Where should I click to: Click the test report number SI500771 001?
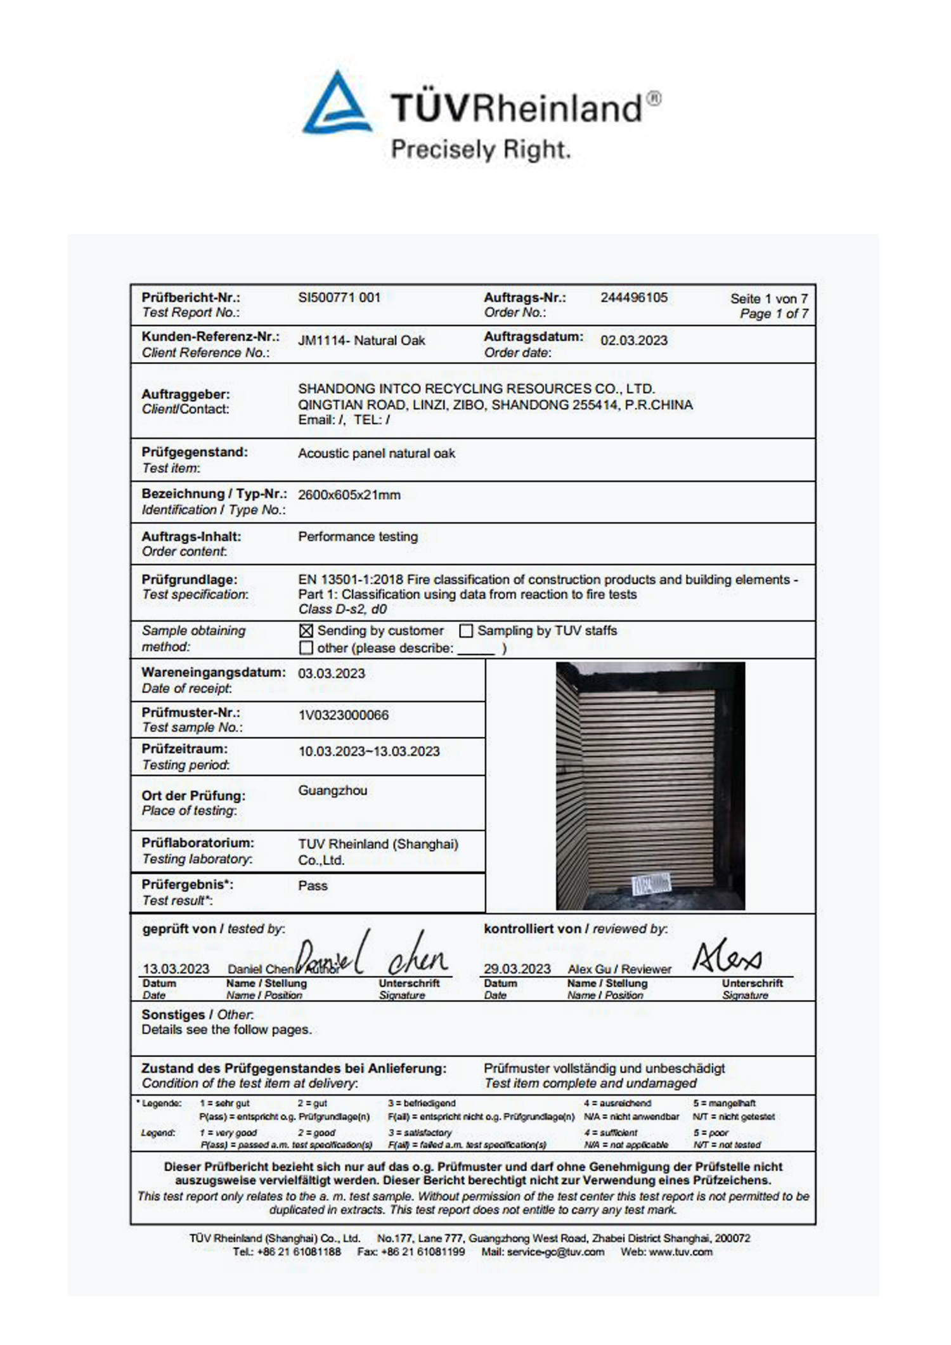339,297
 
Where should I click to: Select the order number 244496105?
634,297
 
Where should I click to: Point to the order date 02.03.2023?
634,341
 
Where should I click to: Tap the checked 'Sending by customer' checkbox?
306,631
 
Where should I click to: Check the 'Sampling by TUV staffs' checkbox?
466,631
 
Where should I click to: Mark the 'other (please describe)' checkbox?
306,648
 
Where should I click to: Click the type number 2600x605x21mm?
349,495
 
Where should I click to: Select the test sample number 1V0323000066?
344,715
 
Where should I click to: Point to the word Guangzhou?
333,791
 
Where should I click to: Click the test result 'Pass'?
313,886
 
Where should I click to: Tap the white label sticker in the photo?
652,883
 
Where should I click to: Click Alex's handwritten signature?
727,956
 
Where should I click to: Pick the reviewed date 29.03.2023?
517,969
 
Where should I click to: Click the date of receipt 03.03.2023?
332,673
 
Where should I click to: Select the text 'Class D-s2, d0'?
342,609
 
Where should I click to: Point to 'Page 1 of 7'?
774,314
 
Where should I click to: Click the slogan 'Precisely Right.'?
481,150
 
